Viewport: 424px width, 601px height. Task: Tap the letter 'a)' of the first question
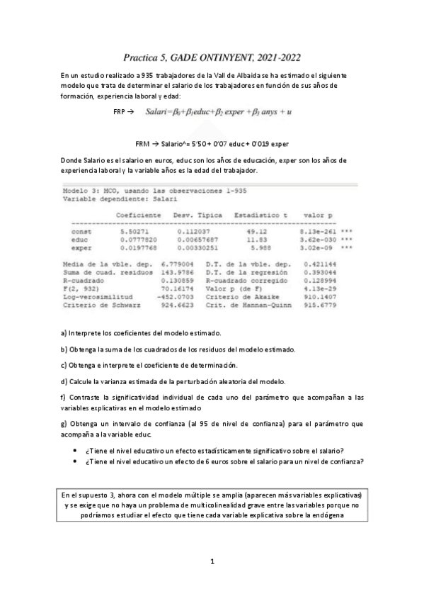(x=64, y=332)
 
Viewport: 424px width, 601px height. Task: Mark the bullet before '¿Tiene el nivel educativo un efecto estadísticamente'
(x=76, y=451)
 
